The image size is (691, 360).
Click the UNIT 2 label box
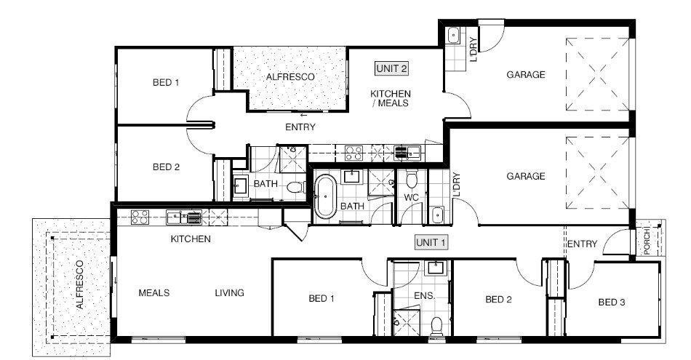point(391,68)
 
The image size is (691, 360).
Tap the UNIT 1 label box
point(431,242)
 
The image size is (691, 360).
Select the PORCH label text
point(647,241)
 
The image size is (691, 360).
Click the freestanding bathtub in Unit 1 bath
point(325,196)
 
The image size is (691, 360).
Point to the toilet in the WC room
point(412,180)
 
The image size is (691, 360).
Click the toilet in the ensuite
point(436,326)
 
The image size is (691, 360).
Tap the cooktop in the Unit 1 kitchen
point(140,217)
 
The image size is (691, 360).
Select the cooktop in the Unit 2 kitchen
point(354,153)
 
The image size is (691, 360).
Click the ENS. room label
point(424,296)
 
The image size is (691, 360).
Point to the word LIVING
point(229,292)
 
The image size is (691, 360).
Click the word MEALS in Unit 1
point(153,292)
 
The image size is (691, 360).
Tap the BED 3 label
point(611,303)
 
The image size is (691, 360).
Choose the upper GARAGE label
point(525,74)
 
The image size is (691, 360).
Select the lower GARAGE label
point(525,176)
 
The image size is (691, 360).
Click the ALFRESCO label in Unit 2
point(290,76)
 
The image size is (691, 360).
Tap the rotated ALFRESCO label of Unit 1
point(79,284)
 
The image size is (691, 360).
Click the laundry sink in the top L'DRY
point(453,36)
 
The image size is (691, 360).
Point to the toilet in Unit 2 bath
point(296,188)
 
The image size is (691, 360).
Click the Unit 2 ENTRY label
point(300,127)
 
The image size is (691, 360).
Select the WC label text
point(411,197)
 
